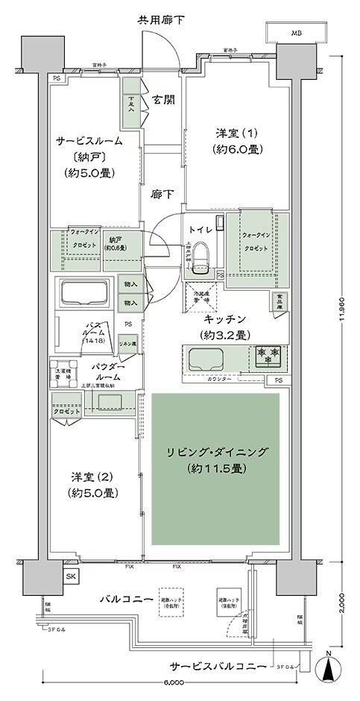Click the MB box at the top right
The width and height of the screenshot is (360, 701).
(x=297, y=34)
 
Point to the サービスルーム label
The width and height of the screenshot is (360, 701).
(x=88, y=139)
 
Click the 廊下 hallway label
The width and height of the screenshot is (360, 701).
(x=161, y=195)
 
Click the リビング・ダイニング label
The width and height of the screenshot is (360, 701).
(x=215, y=453)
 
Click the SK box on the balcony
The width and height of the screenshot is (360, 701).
(x=70, y=577)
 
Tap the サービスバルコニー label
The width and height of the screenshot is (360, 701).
(x=216, y=666)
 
